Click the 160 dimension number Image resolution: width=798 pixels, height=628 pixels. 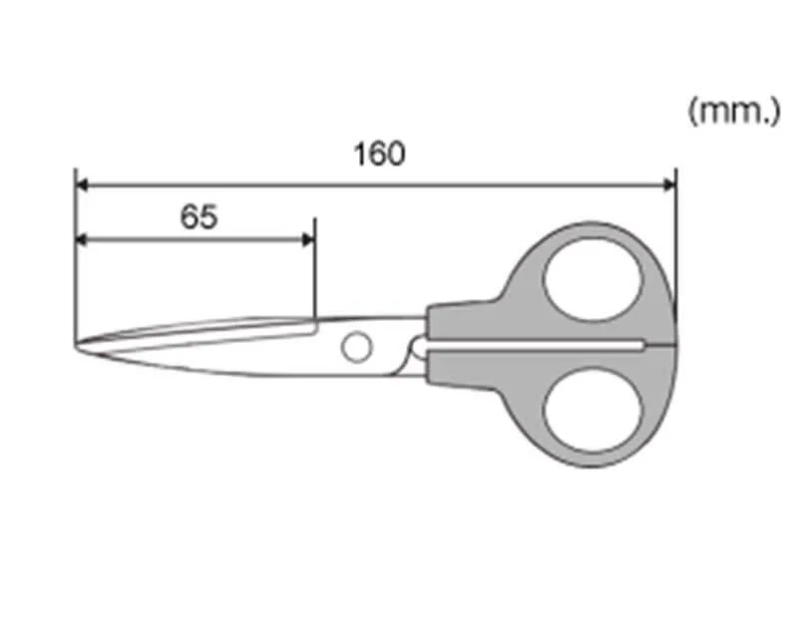pos(380,154)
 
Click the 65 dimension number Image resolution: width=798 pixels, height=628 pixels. pos(199,216)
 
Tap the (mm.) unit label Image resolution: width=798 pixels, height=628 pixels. pos(734,112)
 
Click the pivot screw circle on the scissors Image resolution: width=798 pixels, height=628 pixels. pos(357,347)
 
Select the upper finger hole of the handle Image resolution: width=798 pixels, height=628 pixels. pos(593,280)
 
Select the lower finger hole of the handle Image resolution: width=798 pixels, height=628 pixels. pos(593,411)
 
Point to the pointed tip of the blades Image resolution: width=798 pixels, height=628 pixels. pos(77,347)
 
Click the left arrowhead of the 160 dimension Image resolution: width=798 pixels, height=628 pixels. pos(82,185)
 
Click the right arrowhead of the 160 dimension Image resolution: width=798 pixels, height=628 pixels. pos(669,185)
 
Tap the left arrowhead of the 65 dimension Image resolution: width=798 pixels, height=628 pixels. pos(82,239)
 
